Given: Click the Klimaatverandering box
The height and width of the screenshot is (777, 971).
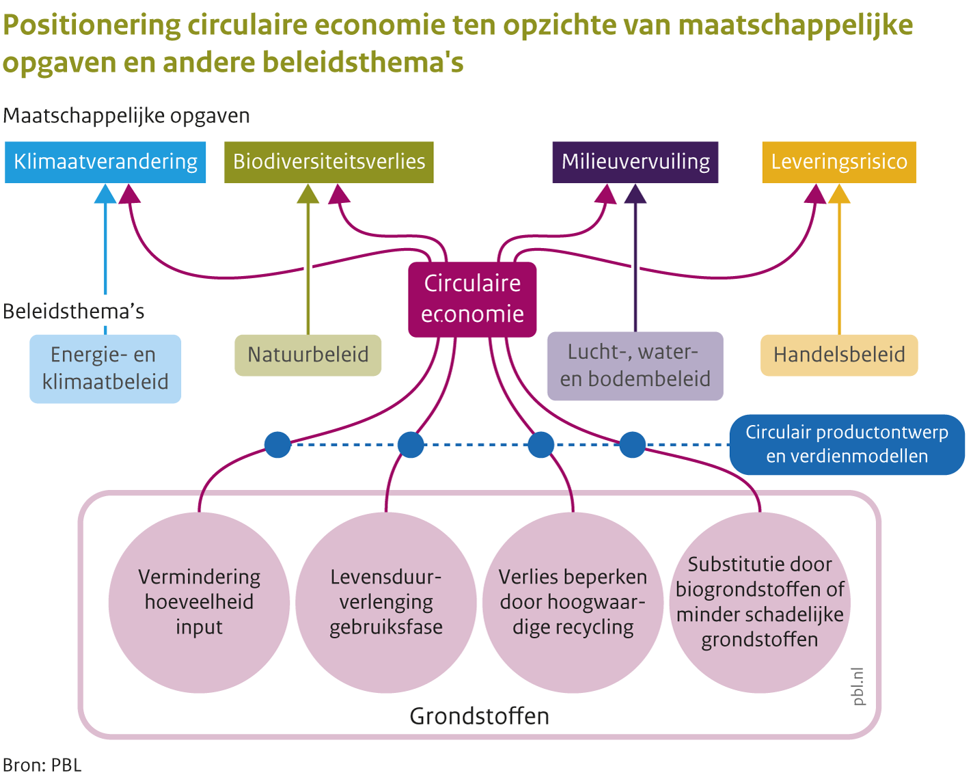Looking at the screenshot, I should tap(105, 162).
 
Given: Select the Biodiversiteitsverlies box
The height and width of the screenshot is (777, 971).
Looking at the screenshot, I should tap(329, 162).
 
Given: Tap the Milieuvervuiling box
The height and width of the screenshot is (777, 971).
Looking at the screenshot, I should tap(635, 162).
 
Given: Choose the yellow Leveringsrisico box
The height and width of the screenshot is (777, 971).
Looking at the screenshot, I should tap(838, 162).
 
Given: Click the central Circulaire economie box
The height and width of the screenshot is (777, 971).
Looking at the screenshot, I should tap(472, 299).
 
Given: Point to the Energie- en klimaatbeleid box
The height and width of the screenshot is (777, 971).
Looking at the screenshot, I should tap(105, 368).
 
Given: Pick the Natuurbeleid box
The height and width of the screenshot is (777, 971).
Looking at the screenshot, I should tap(307, 355).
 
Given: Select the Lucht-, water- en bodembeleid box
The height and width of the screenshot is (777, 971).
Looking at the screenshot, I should tap(635, 366).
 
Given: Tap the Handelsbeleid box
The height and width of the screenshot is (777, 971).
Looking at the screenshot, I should tap(838, 355).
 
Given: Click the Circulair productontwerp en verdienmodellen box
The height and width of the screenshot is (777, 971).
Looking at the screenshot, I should tap(847, 444).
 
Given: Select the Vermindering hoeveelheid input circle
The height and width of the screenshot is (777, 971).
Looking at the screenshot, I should tap(199, 602).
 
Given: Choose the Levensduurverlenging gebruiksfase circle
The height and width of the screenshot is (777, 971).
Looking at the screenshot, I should tap(386, 602).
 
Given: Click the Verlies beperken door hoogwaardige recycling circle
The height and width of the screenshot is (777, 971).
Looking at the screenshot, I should tap(573, 602).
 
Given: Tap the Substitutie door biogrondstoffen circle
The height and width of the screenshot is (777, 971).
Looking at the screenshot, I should tap(759, 602).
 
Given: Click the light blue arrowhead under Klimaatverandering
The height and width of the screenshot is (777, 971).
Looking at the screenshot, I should tap(105, 195).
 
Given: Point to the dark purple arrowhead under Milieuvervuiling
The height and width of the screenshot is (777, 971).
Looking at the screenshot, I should tap(635, 195).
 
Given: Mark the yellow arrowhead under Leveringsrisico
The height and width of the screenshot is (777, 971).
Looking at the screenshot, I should tap(839, 195).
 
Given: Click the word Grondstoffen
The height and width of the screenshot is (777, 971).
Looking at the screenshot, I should tap(479, 716).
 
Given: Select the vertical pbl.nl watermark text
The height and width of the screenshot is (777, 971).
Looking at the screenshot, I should tap(858, 687).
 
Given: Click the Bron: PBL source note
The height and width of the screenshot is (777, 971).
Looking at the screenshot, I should tap(42, 765).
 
